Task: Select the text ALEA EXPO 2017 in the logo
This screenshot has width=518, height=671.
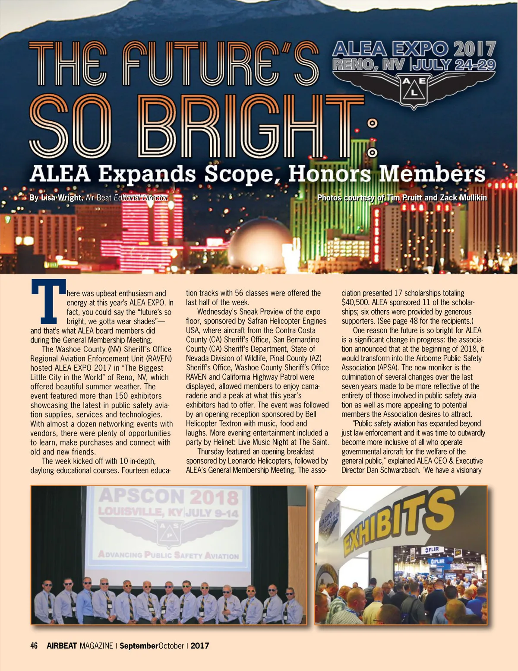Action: point(414,49)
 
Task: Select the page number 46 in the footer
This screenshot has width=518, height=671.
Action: point(34,646)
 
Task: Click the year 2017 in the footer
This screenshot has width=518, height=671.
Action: point(200,646)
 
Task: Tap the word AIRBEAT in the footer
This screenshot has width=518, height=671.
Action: point(62,646)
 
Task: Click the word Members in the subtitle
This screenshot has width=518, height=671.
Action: point(432,174)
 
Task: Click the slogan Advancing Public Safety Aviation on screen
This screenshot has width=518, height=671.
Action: point(168,555)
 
